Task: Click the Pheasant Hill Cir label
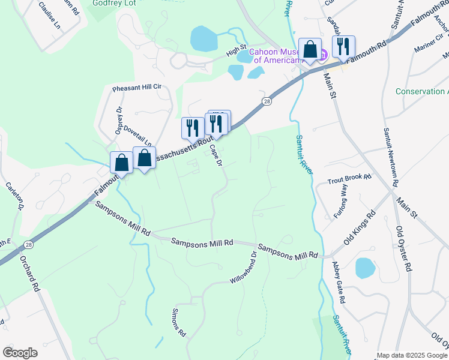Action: [137, 88]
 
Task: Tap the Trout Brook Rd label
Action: [349, 179]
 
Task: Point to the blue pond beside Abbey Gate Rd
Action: [366, 268]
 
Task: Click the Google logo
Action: [20, 353]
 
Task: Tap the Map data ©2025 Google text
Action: [412, 355]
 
